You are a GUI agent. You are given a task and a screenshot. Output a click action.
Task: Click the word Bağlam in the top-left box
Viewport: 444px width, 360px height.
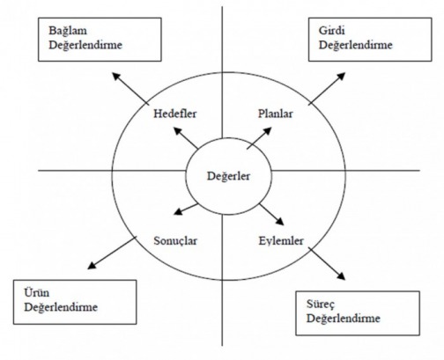click(68, 31)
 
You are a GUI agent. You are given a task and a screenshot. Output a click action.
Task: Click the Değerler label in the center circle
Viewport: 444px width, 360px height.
click(228, 176)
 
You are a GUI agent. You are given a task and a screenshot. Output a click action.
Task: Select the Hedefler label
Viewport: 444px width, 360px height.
click(175, 114)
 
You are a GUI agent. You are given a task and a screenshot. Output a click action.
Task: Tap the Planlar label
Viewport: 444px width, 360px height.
click(276, 114)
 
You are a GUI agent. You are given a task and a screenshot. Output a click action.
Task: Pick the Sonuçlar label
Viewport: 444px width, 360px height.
click(175, 241)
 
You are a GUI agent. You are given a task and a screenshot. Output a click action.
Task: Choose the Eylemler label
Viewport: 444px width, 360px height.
click(281, 241)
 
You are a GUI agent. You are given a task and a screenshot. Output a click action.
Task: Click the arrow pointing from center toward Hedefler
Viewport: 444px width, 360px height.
click(186, 137)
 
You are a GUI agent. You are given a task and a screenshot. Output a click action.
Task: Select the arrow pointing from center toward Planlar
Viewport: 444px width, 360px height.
click(259, 138)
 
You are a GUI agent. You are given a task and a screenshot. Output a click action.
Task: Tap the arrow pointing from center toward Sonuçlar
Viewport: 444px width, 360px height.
click(186, 209)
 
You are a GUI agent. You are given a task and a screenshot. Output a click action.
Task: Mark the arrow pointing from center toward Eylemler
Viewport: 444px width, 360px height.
click(271, 215)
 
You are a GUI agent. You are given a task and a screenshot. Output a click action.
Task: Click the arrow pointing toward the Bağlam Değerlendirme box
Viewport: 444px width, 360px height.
click(130, 89)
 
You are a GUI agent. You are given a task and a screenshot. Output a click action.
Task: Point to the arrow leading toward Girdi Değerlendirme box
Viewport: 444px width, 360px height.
click(327, 89)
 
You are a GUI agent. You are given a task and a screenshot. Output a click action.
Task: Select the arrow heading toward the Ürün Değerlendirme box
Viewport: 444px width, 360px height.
click(112, 253)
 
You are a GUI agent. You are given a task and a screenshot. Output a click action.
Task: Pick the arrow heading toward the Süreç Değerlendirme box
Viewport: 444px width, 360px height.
click(327, 264)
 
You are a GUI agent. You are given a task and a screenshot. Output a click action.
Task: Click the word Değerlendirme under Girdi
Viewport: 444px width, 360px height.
click(356, 45)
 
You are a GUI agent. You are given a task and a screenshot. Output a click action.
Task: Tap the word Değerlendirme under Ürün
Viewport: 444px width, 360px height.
click(61, 307)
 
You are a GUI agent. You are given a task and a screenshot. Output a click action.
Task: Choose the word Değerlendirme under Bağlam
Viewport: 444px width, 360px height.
click(85, 45)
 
